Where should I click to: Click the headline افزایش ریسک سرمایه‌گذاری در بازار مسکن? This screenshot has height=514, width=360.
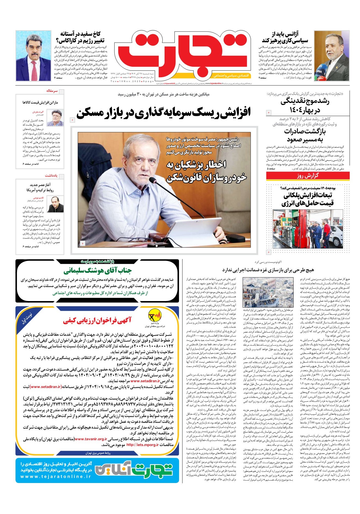point(163,113)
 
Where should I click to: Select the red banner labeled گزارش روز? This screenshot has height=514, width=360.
point(308,176)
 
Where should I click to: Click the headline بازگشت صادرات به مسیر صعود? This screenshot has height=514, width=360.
point(305,135)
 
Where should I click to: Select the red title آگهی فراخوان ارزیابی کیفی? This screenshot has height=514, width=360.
point(97,320)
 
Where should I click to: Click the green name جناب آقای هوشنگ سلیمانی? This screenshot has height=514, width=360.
point(97,271)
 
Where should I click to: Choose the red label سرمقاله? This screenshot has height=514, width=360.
point(52,91)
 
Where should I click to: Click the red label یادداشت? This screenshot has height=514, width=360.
point(51,176)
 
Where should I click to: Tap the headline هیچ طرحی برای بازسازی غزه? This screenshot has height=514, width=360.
point(268,270)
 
